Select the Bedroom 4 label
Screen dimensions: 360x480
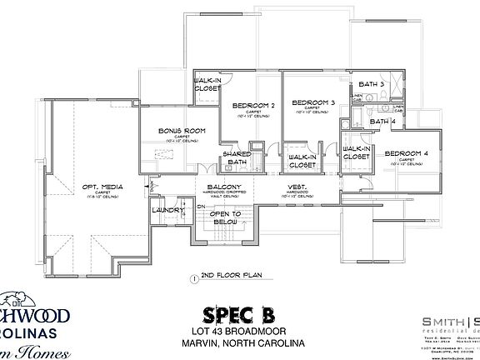click(406, 153)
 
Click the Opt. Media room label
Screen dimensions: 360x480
click(103, 188)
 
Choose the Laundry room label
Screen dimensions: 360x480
click(168, 210)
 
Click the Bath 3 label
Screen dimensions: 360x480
click(371, 84)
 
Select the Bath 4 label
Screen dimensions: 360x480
click(382, 122)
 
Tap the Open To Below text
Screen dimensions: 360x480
click(225, 218)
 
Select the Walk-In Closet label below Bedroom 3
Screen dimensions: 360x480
click(300, 160)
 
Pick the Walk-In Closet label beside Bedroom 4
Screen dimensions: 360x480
click(356, 152)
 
